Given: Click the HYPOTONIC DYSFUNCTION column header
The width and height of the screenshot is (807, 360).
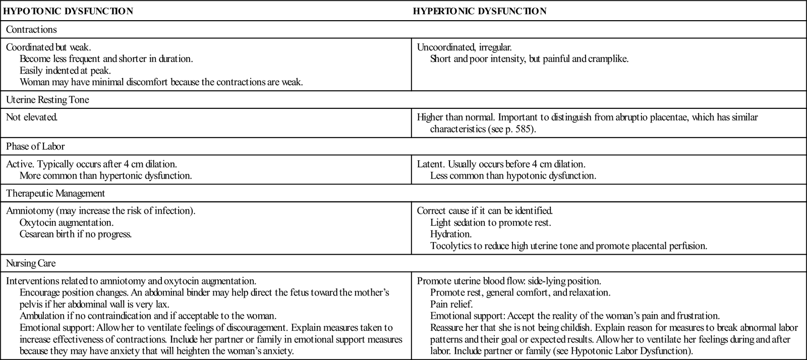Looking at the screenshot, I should tap(68, 11).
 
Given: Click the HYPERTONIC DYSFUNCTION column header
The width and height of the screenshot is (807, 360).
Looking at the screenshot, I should tap(479, 11).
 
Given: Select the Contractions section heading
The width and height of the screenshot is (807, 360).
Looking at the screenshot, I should tap(31, 29).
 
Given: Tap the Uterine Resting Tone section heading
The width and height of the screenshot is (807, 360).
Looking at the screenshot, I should tap(47, 100).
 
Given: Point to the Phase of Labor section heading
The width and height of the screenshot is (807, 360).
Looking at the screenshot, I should tap(35, 146).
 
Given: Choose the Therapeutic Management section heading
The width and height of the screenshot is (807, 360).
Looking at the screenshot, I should tap(55, 193).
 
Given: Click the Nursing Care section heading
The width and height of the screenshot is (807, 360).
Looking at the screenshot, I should tap(31, 263).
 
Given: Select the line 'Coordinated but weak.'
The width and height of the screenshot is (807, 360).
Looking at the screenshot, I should tap(48, 47).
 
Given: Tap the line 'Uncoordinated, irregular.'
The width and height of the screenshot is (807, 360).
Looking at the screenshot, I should tap(464, 47).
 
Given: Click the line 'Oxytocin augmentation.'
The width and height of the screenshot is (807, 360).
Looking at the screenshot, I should tap(67, 222).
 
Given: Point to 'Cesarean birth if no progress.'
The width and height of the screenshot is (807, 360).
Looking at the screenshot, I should tap(76, 234).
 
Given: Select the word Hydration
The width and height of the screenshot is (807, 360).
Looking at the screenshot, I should tap(451, 234).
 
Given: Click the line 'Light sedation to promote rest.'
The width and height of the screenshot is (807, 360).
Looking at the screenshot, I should tap(490, 222).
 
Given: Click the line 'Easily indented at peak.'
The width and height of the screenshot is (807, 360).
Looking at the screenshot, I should tap(65, 71).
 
